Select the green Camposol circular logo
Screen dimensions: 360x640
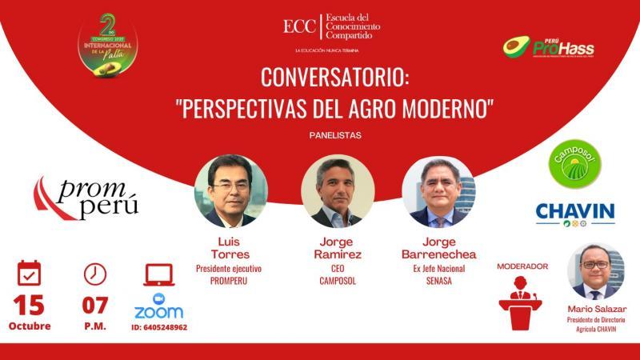tap(574, 164)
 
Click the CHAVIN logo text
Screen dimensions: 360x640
tap(574, 211)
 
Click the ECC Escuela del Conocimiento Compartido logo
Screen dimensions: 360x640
tap(331, 27)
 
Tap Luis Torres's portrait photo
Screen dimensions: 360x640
tap(230, 191)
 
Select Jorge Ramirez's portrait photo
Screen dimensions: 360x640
tap(338, 191)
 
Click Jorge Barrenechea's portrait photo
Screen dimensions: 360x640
tap(438, 191)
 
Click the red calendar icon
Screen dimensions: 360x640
tap(29, 274)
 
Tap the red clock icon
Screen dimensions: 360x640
tap(95, 274)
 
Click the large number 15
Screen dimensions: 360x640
tap(29, 305)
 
